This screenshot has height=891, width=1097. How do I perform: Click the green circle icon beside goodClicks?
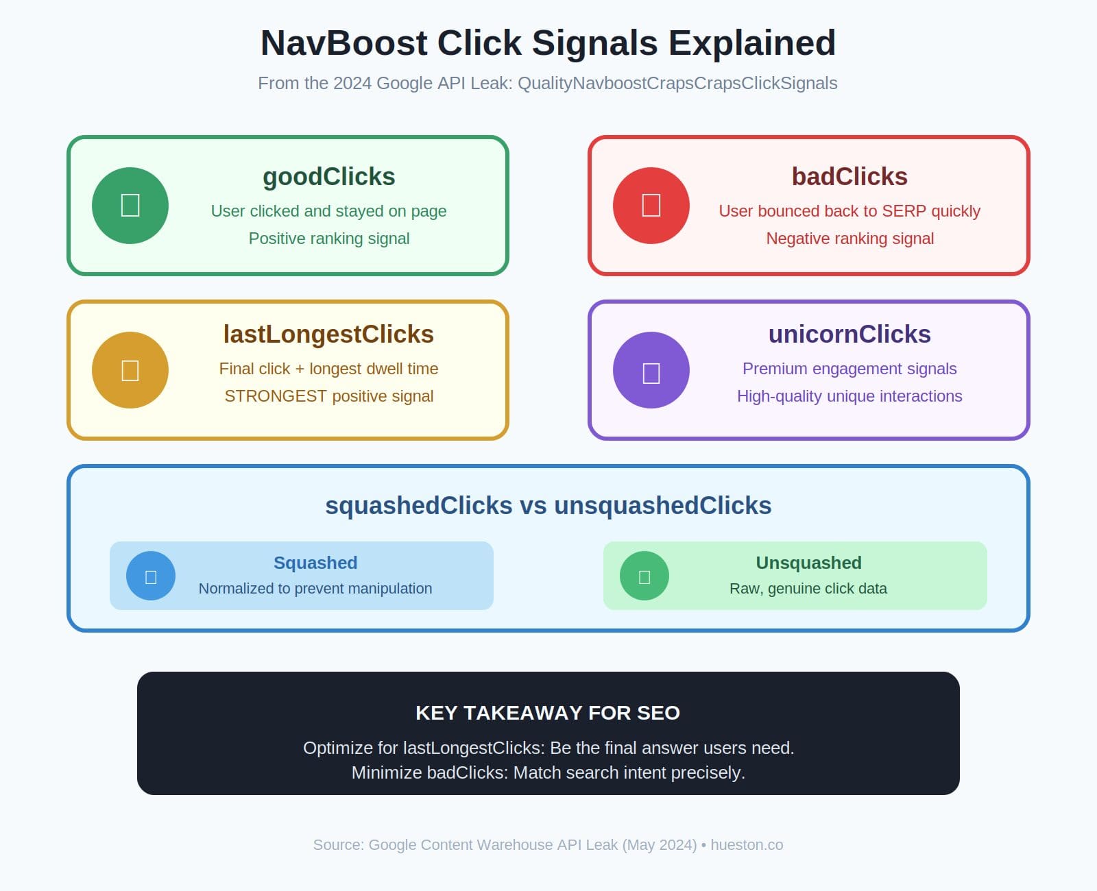(130, 206)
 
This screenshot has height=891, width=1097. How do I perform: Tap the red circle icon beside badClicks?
(651, 206)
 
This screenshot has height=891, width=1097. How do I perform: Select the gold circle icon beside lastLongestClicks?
(130, 370)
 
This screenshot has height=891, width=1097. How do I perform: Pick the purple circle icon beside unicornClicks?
(651, 370)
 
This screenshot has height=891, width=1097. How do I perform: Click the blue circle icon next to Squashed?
(151, 576)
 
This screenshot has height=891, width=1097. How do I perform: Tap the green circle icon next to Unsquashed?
(644, 576)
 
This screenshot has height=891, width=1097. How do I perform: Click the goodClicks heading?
(329, 177)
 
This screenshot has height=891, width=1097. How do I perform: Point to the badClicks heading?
(849, 177)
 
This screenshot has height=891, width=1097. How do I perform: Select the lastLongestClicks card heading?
(328, 334)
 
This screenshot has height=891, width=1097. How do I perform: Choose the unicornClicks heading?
(849, 334)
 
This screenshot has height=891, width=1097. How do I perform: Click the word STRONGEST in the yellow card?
(276, 396)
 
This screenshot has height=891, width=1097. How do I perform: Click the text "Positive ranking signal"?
(329, 239)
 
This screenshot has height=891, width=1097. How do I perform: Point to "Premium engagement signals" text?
(849, 369)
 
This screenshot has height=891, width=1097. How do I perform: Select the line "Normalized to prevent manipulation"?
(315, 589)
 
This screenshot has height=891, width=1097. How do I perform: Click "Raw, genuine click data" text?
(808, 589)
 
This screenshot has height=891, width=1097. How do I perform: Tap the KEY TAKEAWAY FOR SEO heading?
(548, 713)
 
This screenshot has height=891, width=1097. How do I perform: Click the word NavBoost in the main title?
(344, 43)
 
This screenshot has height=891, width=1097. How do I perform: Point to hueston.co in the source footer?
(747, 845)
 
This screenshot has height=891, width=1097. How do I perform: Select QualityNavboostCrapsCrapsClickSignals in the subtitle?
(677, 84)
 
